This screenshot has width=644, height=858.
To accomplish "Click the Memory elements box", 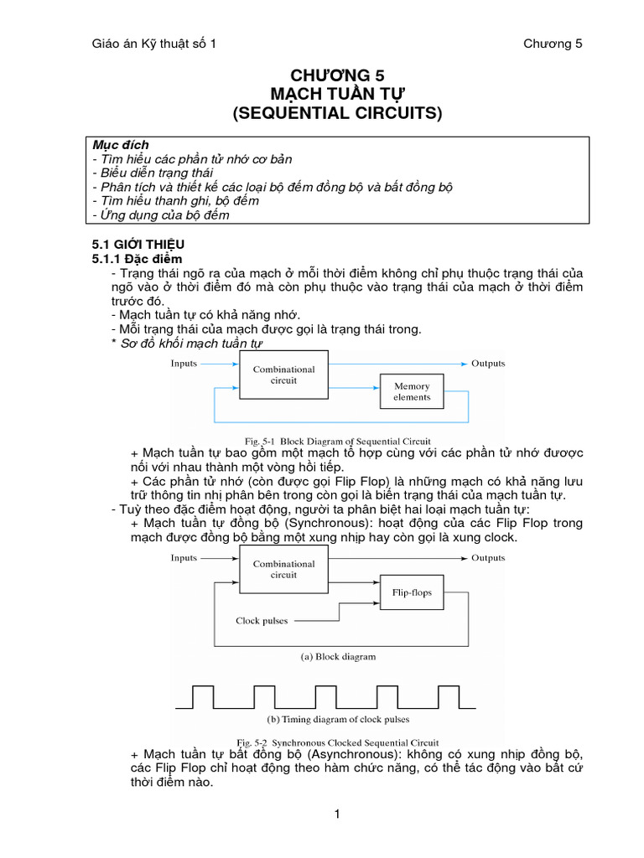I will [x=412, y=392].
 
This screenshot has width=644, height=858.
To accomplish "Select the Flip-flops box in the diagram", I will [x=412, y=592].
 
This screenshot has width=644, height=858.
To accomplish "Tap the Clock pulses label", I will [x=262, y=621].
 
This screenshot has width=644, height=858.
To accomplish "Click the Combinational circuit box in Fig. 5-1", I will [x=284, y=375].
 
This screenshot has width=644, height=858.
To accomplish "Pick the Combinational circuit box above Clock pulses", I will [x=284, y=569].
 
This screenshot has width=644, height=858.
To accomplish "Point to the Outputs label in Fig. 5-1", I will [x=488, y=364].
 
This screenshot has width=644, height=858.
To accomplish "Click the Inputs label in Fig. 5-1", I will [x=184, y=364].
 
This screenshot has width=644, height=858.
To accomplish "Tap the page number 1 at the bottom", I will [x=336, y=814].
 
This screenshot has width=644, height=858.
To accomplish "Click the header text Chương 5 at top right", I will [x=553, y=44].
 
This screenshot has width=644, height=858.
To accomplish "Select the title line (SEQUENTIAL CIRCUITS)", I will [x=336, y=113].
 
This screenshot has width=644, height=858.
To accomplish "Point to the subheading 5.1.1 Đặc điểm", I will [x=137, y=259].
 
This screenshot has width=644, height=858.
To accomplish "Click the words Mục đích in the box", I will [x=121, y=145].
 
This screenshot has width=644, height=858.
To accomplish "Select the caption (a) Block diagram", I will [x=338, y=657].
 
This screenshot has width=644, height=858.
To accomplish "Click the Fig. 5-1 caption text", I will [x=337, y=441].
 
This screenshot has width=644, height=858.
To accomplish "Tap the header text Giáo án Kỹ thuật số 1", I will [x=153, y=44].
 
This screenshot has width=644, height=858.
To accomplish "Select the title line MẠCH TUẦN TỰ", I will [x=336, y=93].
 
